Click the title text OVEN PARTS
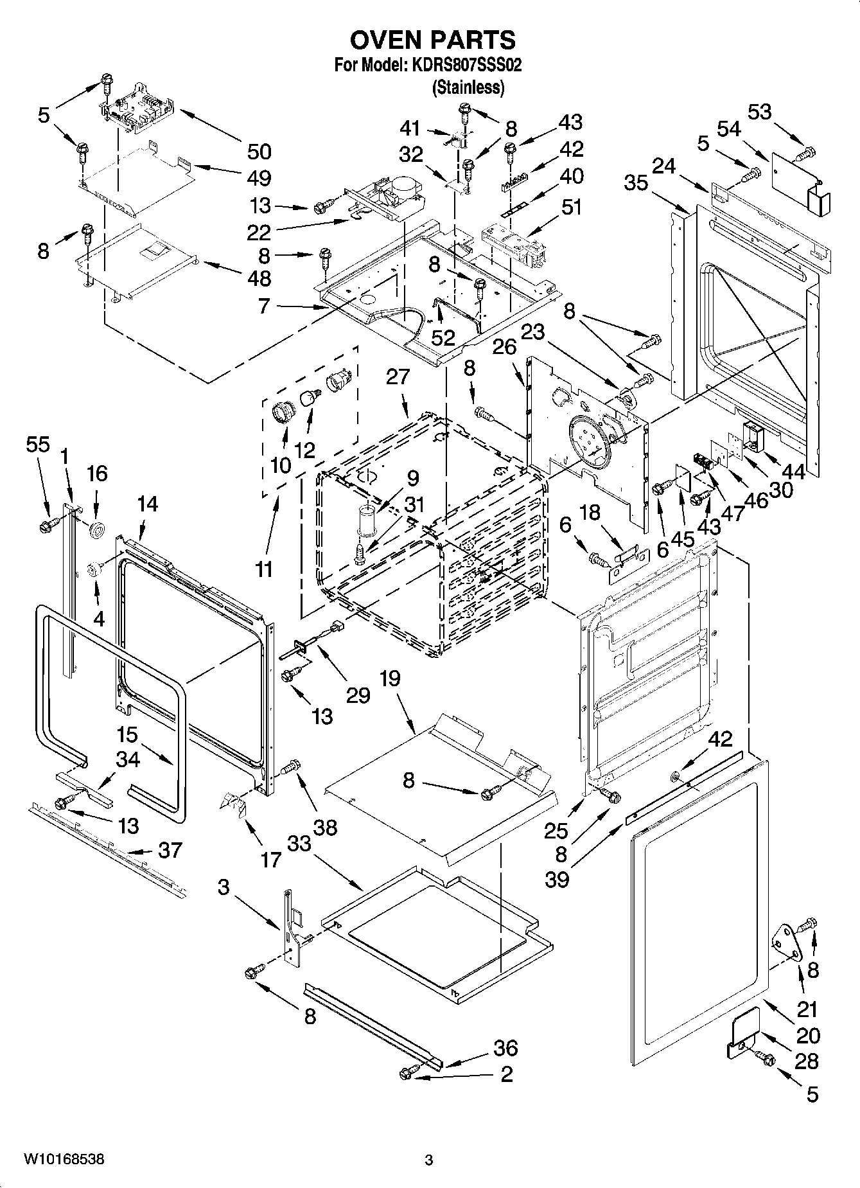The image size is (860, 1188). (432, 40)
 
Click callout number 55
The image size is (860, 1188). (38, 444)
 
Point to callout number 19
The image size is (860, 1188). (389, 678)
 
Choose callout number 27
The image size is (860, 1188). (398, 377)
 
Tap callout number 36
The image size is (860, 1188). (505, 1048)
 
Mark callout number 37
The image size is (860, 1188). (170, 850)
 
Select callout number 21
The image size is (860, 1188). (807, 1009)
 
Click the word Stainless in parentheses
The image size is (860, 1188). (468, 87)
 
